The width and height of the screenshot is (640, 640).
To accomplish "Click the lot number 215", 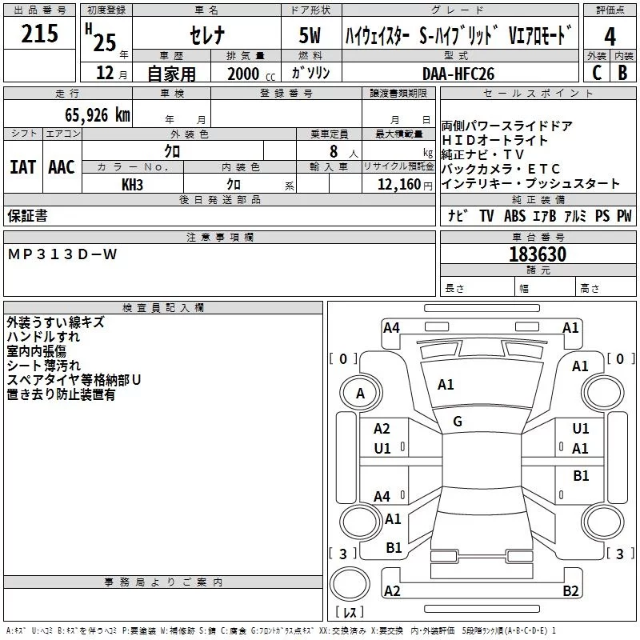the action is (40, 34).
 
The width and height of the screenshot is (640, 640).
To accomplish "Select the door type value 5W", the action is (310, 37).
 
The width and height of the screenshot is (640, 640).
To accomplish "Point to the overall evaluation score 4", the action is (610, 37).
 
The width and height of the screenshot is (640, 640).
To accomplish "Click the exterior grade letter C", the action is (597, 72).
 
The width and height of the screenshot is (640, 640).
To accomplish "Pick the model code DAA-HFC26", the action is (458, 73).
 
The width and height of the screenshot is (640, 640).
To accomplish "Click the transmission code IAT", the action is (22, 166).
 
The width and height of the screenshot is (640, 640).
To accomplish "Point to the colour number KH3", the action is (133, 184).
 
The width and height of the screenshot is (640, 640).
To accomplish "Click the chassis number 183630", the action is (538, 254).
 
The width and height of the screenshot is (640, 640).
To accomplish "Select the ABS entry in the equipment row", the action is (514, 216).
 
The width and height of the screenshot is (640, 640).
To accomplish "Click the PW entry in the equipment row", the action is (624, 216).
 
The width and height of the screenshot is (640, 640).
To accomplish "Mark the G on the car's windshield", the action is (458, 421).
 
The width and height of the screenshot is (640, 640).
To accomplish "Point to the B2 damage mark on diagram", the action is (570, 591).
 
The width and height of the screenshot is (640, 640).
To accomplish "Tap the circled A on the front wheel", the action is (360, 393).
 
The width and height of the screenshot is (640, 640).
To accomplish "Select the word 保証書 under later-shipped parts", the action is (27, 216).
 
